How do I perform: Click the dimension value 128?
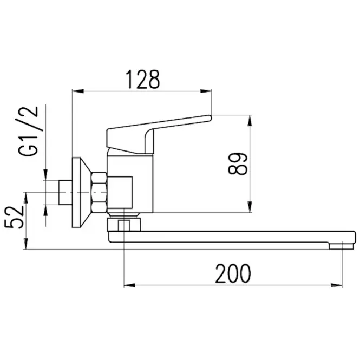[x=142, y=80]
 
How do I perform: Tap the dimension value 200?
[x=233, y=273]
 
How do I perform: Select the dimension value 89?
[x=238, y=163]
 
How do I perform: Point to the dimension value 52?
[x=14, y=217]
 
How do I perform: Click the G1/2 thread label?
[x=28, y=132]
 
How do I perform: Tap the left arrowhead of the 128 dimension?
[x=78, y=91]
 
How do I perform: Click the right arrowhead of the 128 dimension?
[x=206, y=91]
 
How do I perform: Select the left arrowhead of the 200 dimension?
[x=129, y=285]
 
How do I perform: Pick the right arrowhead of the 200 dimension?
[x=337, y=285]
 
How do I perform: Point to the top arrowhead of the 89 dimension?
[x=250, y=120]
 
